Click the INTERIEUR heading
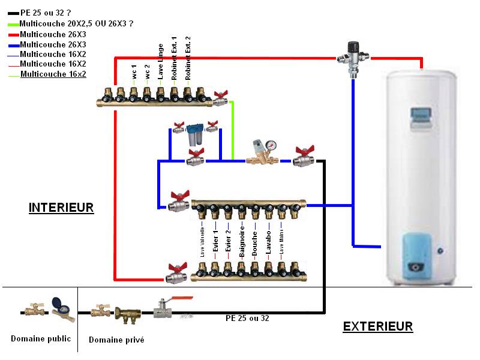61,208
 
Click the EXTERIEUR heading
377,326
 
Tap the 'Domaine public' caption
41,338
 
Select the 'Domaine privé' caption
116,340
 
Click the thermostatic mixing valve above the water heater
354,56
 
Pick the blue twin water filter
194,134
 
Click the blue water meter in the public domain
59,307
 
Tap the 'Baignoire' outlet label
242,241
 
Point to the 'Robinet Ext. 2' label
188,59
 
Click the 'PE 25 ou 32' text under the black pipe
247,318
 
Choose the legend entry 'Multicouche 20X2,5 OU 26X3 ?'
76,23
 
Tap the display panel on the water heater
421,115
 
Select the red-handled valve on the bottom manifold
178,273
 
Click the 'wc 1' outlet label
134,72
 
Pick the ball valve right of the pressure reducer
304,157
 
